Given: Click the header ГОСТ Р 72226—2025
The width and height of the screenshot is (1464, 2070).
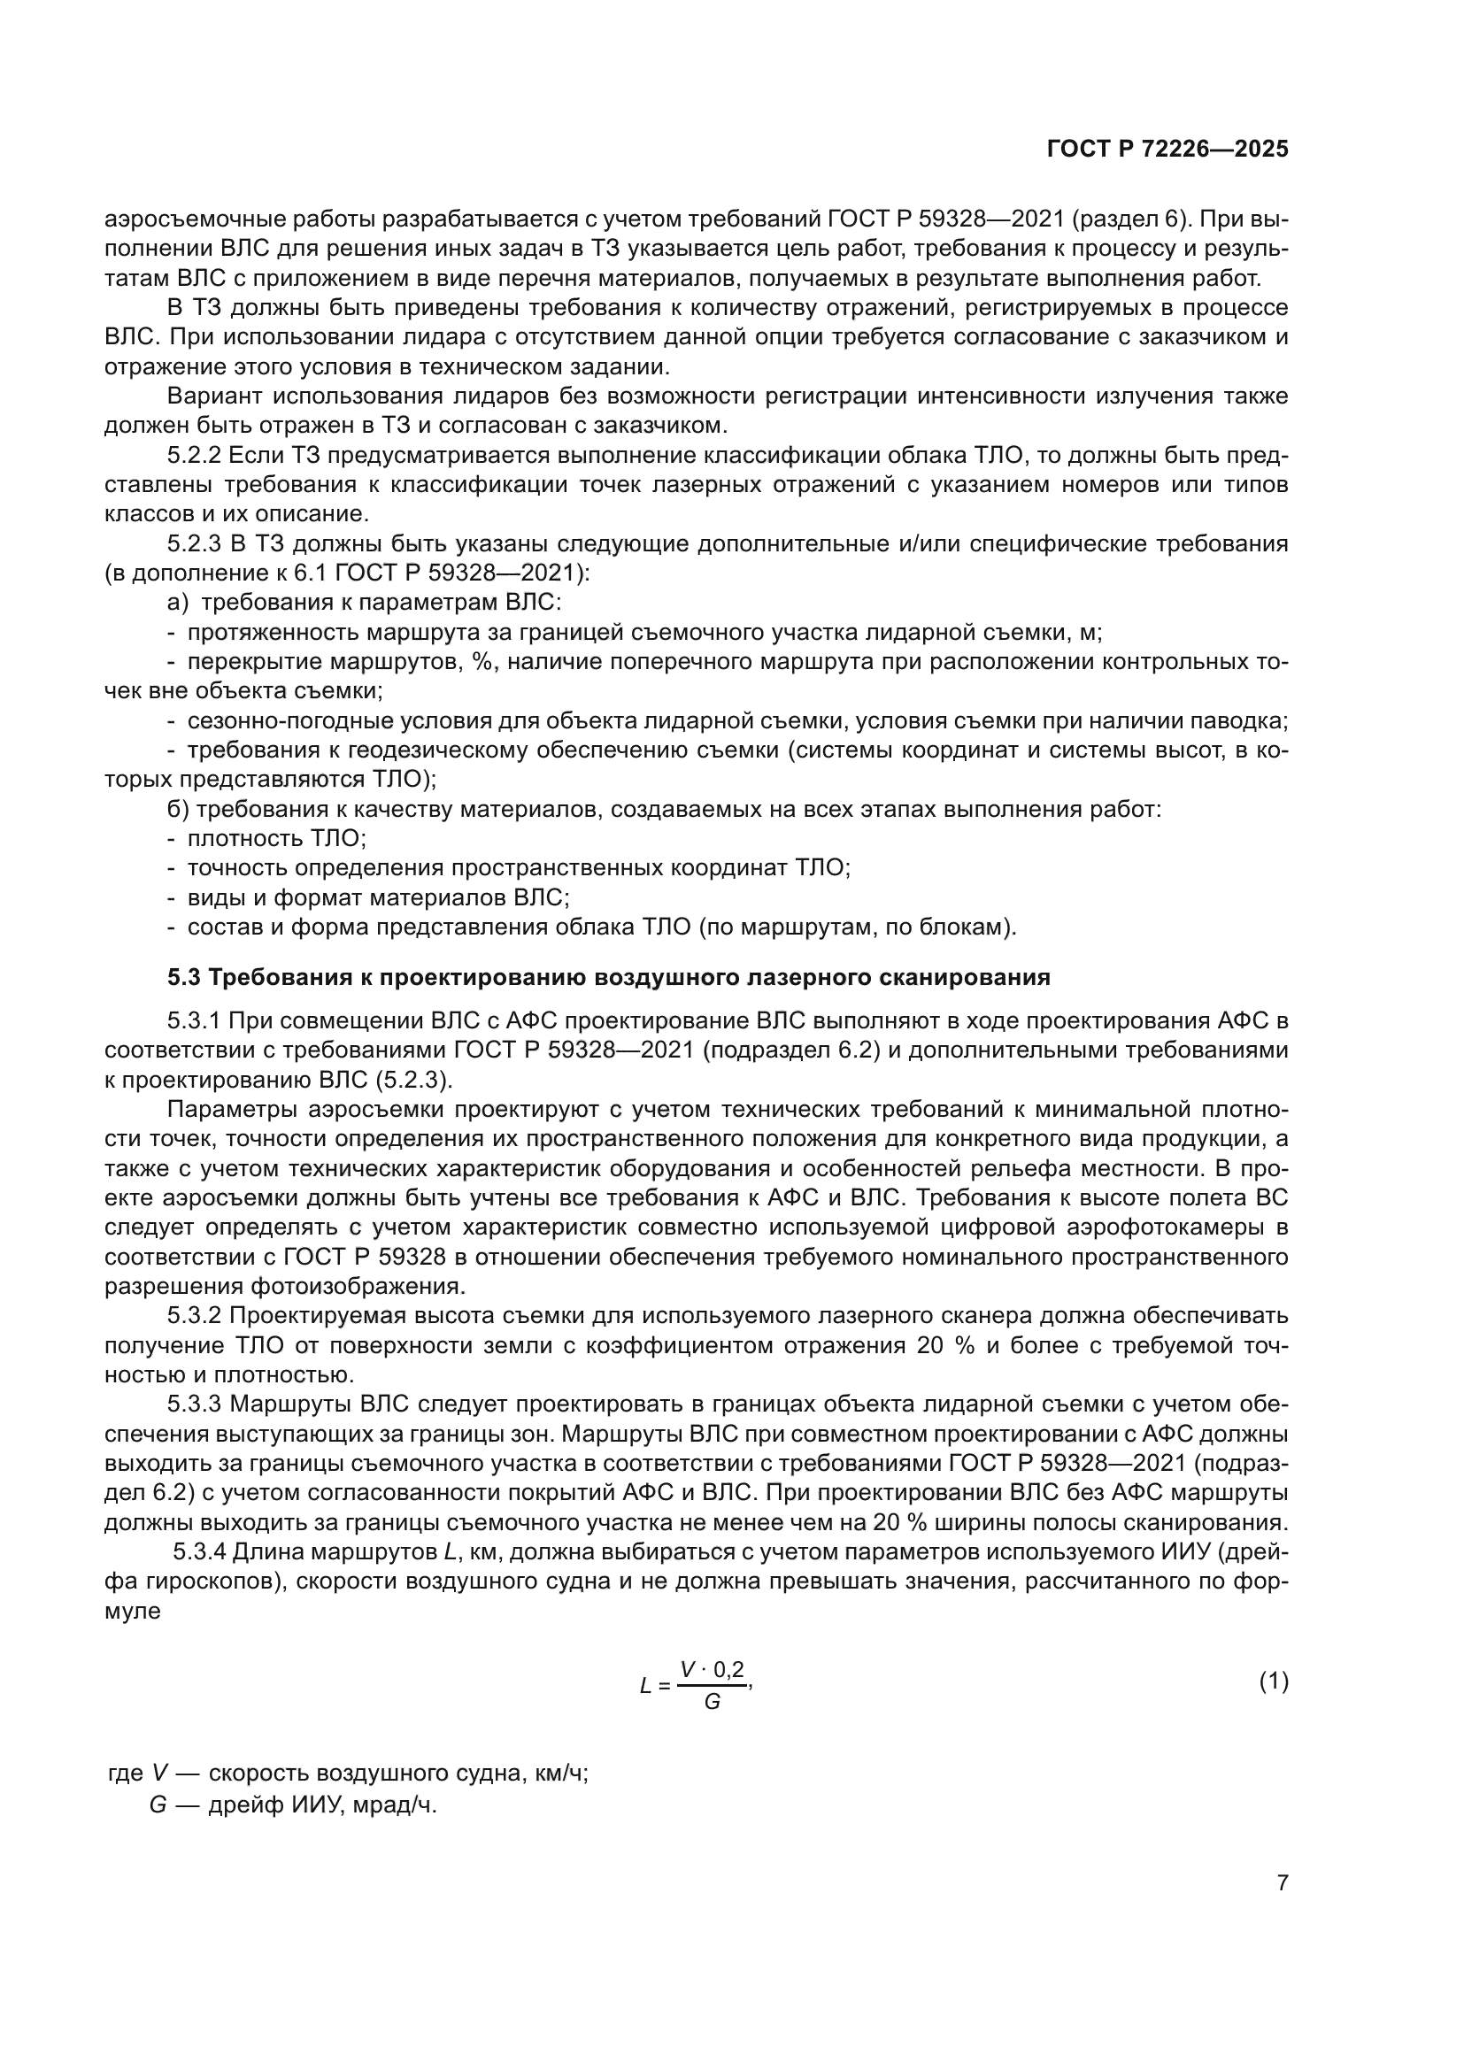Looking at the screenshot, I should tap(1167, 150).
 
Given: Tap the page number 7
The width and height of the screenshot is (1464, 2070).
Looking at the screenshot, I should tap(1282, 1882).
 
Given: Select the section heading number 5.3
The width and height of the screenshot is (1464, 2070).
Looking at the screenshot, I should tap(184, 977).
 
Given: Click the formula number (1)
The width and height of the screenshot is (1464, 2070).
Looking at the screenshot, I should tap(1273, 1681).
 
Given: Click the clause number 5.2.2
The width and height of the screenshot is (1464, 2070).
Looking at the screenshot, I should tap(194, 455).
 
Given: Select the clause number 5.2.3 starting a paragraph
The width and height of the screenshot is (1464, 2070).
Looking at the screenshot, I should tap(194, 543).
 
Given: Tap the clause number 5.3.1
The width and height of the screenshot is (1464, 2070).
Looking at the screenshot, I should tap(194, 1020).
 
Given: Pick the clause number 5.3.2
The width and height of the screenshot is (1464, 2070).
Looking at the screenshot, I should tap(194, 1315).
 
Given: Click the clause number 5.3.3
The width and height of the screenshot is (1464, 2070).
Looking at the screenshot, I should tap(194, 1404).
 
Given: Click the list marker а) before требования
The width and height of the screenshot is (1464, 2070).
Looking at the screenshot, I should tap(178, 603).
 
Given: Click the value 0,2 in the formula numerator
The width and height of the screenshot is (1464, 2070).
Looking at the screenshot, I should tap(729, 1670).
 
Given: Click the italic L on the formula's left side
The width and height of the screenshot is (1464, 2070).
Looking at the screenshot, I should tap(645, 1685).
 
